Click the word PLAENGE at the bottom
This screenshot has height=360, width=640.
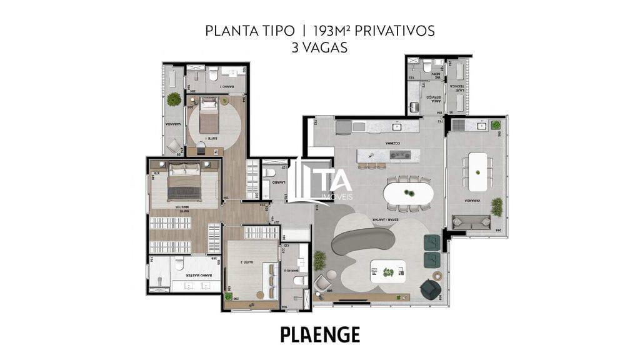coord(320,334)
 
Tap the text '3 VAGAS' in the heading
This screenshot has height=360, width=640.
coord(319,47)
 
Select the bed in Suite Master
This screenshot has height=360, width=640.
coord(184,181)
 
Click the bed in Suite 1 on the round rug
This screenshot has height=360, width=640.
coord(209,117)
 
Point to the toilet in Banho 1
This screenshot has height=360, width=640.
coord(212,76)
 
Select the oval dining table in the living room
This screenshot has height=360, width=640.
coord(407,193)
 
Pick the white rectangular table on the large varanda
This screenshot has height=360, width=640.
coord(477,172)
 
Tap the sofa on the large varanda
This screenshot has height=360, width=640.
coord(471,221)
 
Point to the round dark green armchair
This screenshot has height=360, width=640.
coord(430,288)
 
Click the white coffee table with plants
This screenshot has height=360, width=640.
coord(387,271)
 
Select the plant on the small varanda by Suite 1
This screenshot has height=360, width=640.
coord(174,99)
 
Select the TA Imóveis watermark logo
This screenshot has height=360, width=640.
coord(324,181)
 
